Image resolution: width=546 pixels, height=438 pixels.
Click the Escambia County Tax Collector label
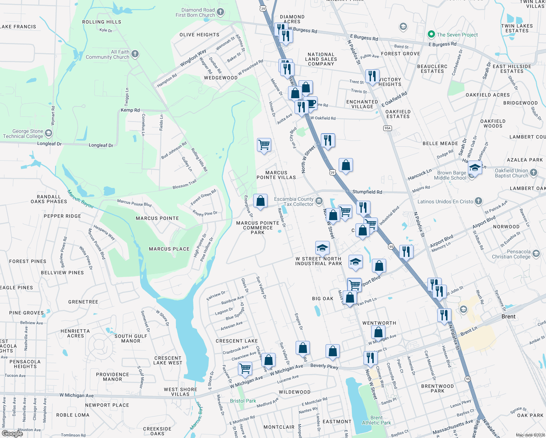[x=294, y=201]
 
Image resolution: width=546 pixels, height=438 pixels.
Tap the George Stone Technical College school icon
[x=49, y=133]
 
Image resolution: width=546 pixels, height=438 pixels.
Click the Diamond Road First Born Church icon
[x=220, y=12]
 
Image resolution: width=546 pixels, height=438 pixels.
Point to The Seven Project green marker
[x=431, y=34]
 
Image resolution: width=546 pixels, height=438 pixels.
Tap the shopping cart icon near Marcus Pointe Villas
[x=264, y=145]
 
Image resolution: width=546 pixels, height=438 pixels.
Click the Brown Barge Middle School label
[x=451, y=175]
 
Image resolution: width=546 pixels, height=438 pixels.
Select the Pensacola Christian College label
[x=511, y=254]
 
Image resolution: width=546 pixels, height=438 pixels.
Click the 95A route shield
[x=388, y=128]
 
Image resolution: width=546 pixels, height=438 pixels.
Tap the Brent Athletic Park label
[x=376, y=420]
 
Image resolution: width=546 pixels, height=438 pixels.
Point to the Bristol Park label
[x=243, y=401]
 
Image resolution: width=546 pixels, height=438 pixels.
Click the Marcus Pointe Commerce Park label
[x=258, y=228]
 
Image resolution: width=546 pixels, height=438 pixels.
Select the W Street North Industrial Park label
[x=319, y=261]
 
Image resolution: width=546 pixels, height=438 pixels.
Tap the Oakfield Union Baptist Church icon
[x=534, y=172]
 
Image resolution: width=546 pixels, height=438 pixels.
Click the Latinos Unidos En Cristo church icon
[x=478, y=201]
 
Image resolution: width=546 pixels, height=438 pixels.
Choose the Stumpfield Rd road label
[x=367, y=192]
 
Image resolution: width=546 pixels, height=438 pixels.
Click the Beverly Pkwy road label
[x=324, y=366]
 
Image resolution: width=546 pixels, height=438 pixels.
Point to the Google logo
[x=12, y=433]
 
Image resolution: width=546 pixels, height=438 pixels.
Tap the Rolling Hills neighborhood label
[x=101, y=22]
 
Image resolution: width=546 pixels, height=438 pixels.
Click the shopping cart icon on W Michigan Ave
[x=245, y=368]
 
